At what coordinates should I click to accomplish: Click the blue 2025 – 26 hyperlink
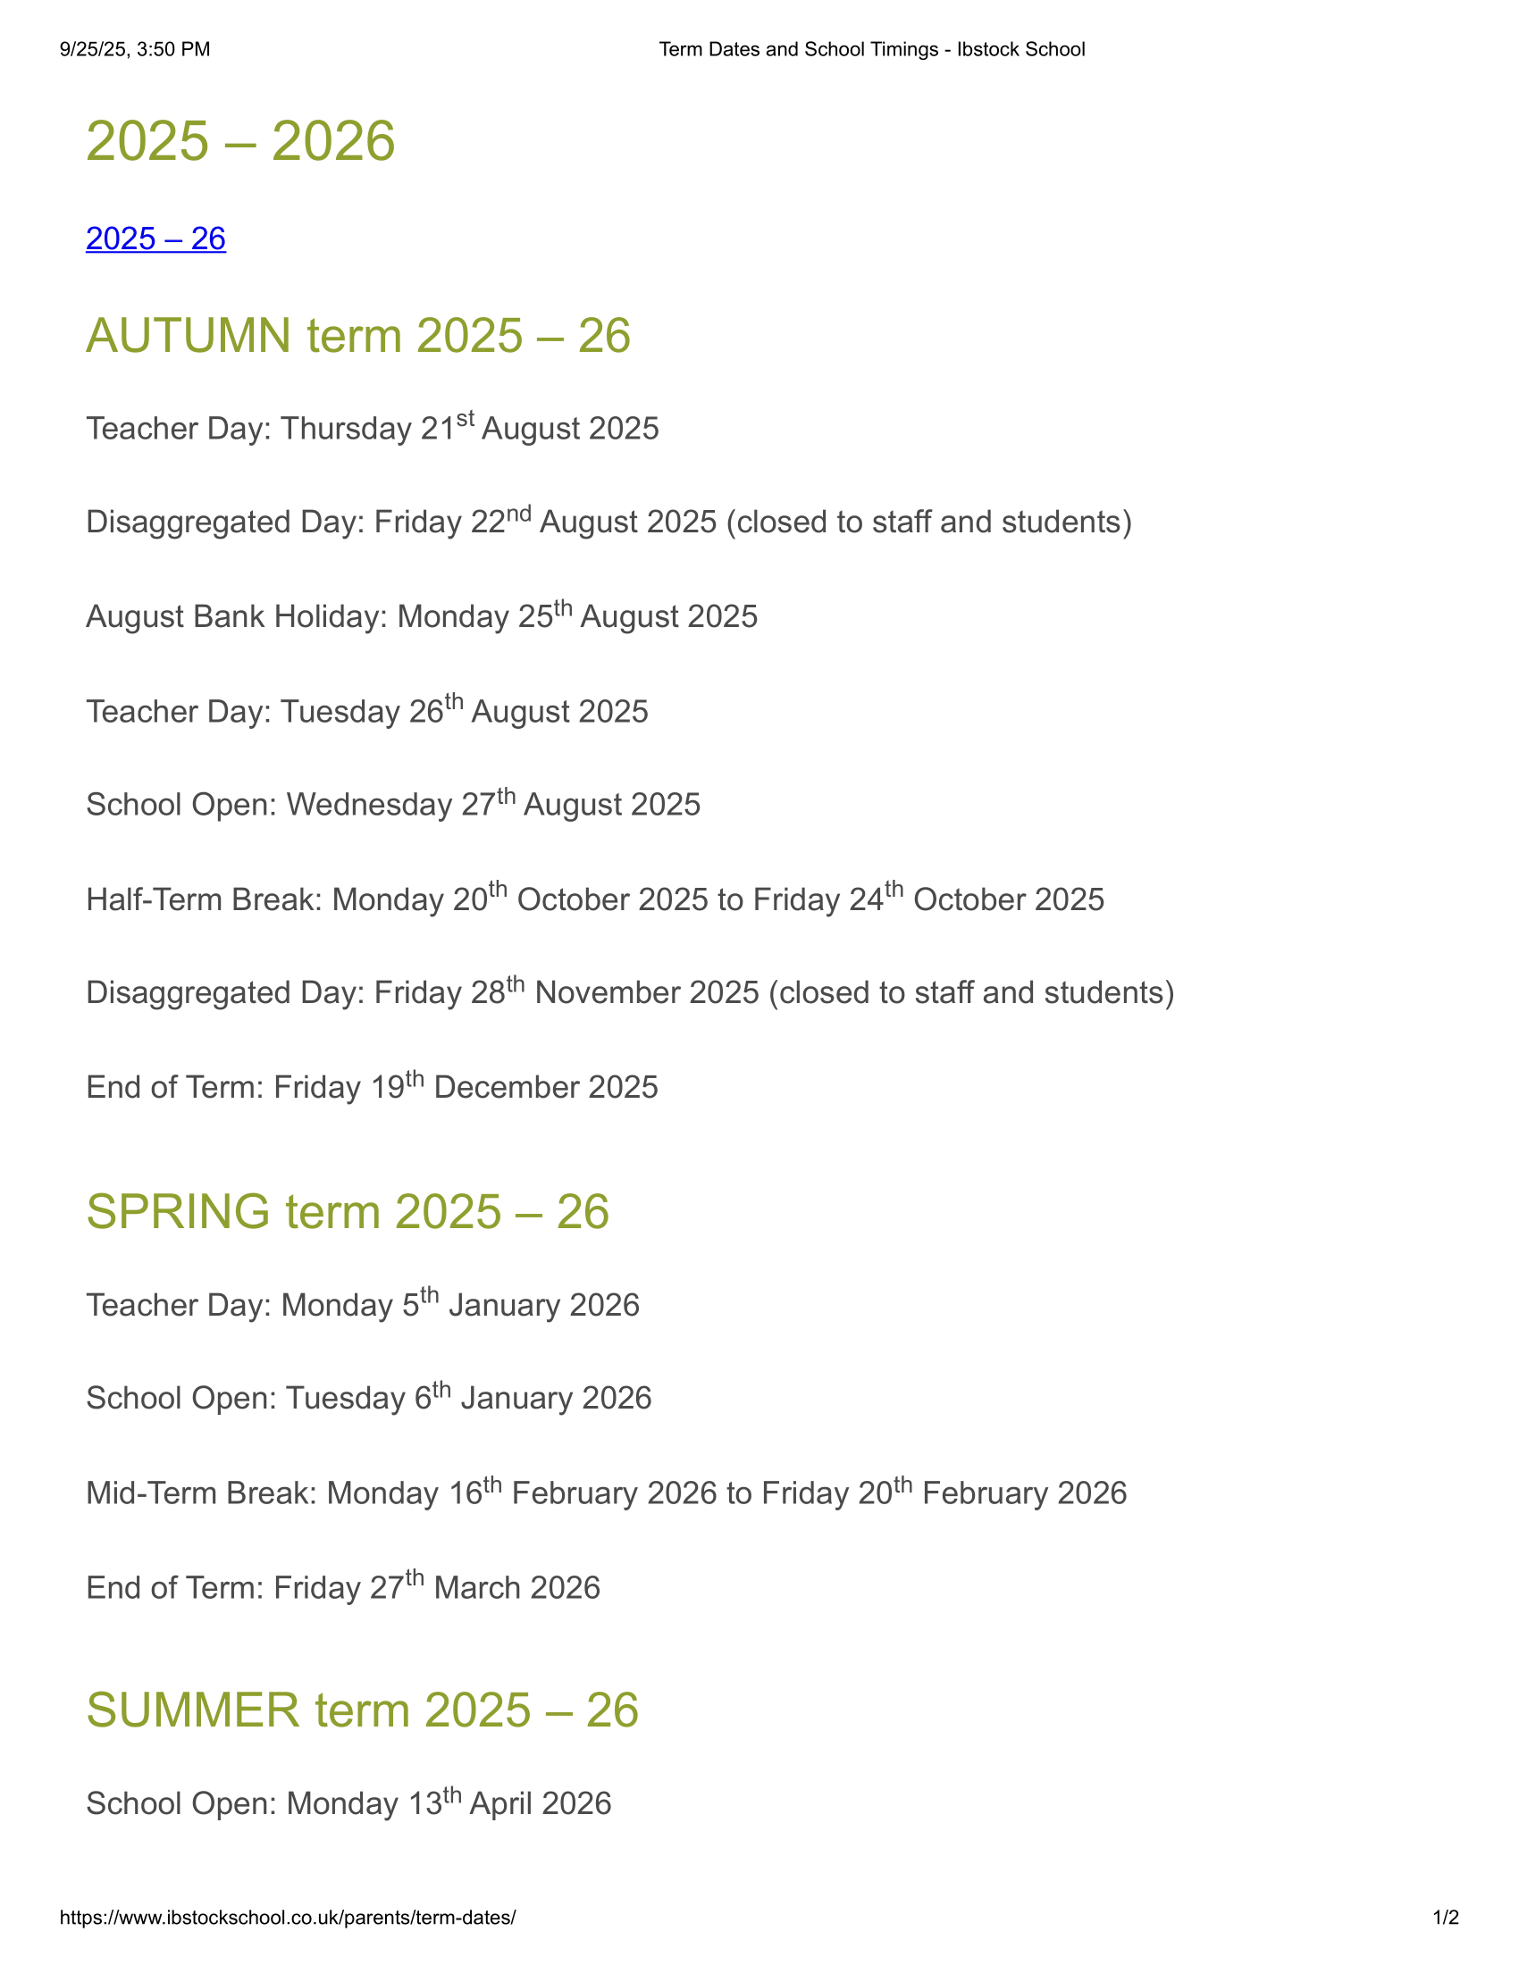(155, 239)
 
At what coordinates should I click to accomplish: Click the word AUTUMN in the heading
(188, 337)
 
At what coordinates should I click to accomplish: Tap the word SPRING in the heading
(178, 1212)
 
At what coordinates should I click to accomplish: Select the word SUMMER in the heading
(193, 1710)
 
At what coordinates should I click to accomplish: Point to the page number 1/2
(1445, 1918)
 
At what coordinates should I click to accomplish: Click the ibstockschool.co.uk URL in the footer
(288, 1918)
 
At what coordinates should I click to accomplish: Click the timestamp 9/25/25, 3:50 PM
(135, 49)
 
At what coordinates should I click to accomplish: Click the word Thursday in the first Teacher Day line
(347, 429)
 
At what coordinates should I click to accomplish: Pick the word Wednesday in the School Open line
(369, 806)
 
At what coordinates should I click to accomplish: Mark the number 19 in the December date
(388, 1088)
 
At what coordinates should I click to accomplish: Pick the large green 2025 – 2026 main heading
(240, 141)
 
